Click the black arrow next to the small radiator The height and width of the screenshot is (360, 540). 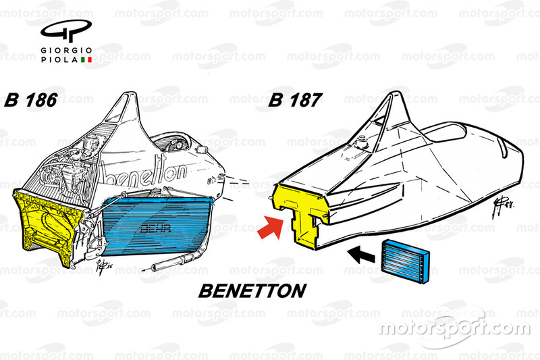[363, 255]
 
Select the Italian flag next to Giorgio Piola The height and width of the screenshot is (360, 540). [86, 61]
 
